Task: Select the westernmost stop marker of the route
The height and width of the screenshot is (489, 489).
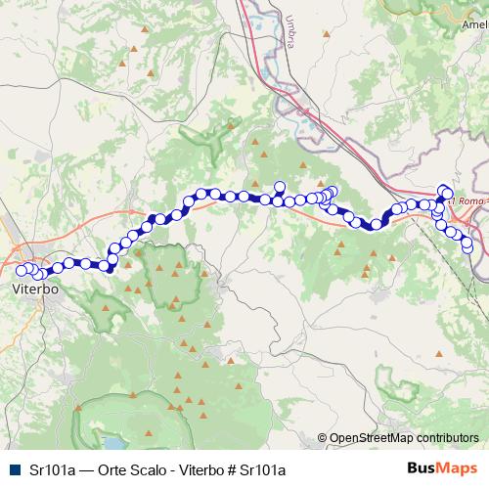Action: [x=22, y=271]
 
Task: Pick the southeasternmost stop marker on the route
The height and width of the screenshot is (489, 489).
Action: [x=467, y=245]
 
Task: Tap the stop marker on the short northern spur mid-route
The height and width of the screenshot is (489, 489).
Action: [x=279, y=187]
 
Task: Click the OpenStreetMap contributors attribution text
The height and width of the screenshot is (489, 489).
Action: [x=404, y=439]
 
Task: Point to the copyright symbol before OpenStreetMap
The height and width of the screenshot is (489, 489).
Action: [x=323, y=439]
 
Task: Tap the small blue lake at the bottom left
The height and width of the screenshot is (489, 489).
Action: [x=105, y=433]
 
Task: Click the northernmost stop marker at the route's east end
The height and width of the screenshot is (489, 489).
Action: [x=445, y=191]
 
